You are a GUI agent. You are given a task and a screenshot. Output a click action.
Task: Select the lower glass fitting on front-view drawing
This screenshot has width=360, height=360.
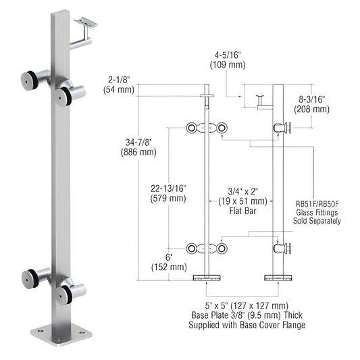pos(205,249)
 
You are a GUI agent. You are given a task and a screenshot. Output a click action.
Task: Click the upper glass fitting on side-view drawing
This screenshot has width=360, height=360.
pos(284,128)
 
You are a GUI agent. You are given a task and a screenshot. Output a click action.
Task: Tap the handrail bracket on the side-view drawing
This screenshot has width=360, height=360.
pos(260,100)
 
